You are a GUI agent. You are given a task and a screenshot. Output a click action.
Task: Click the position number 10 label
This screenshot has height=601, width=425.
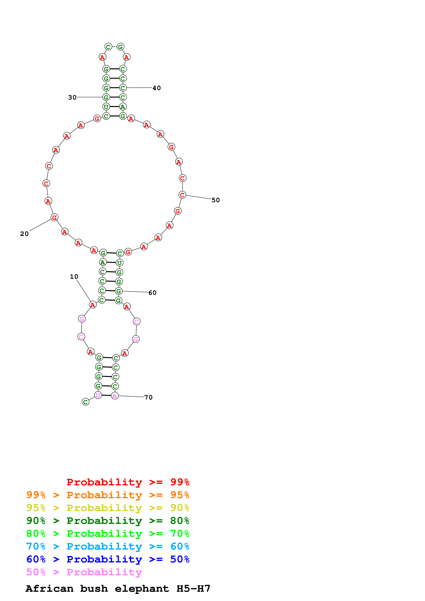(74, 277)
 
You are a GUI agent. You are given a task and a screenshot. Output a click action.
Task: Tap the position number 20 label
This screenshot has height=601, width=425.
(24, 234)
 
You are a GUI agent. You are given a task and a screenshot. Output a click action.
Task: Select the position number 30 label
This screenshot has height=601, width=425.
(72, 97)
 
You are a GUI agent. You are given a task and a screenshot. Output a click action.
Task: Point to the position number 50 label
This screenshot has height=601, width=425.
(216, 200)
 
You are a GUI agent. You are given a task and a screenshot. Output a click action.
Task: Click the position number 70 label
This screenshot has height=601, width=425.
(148, 397)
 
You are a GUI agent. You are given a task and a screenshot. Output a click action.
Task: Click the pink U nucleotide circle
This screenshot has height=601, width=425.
(98, 395)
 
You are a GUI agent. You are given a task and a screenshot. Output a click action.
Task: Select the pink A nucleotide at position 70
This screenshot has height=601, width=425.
(115, 396)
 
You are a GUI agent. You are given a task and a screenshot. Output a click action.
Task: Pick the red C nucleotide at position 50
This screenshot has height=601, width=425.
(182, 195)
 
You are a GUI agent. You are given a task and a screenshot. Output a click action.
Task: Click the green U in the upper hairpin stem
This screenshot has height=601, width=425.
(106, 107)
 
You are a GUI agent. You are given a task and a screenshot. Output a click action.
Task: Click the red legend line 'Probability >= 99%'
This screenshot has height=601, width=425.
(128, 482)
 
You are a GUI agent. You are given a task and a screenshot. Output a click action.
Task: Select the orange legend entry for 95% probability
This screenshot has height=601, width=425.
(108, 495)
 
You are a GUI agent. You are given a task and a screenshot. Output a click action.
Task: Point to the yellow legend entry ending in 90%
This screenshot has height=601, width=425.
(108, 508)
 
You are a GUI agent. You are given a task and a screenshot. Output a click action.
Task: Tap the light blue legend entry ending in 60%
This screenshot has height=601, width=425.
(108, 546)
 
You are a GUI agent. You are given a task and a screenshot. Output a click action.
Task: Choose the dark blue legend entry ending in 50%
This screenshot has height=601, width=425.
(108, 559)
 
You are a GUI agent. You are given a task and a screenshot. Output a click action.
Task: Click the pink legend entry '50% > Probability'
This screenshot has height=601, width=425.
(84, 572)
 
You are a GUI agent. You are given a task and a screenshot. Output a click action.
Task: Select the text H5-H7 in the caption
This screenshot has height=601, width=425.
(193, 588)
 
